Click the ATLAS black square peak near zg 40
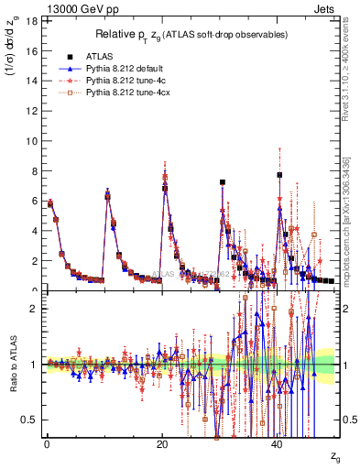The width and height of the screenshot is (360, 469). (280, 175)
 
